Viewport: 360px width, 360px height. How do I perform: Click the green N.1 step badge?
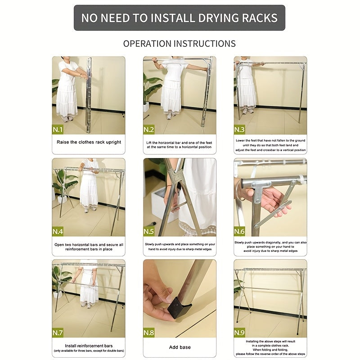click(58, 130)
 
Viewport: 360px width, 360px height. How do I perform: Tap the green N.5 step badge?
click(148, 231)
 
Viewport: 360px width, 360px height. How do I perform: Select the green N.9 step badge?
click(239, 333)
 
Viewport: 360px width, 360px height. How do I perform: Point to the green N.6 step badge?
click(239, 231)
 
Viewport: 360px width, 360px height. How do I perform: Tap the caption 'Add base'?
click(180, 347)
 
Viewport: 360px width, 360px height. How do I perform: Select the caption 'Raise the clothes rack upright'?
click(89, 142)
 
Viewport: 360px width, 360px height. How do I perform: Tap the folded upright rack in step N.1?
click(88, 95)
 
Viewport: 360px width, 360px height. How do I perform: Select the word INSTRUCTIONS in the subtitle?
click(205, 44)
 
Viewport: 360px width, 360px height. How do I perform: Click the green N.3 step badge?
click(239, 130)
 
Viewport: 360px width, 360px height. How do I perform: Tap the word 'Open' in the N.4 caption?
click(59, 245)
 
